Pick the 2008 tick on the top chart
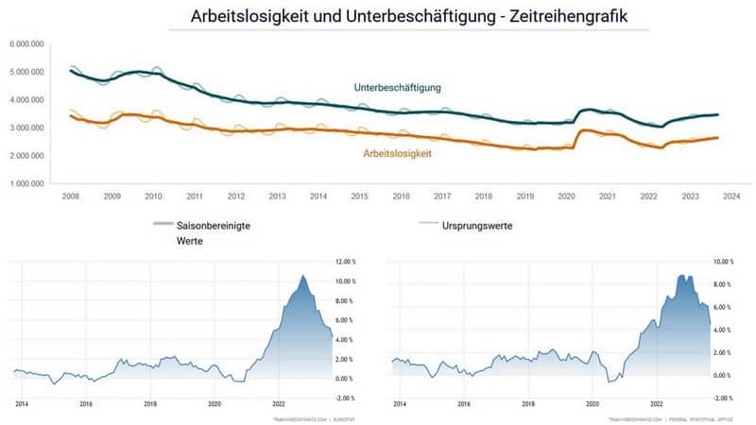[x=71, y=196]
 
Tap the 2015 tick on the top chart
[x=359, y=196]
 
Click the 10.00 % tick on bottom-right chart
[x=724, y=262]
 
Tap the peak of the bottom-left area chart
[x=302, y=276]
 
